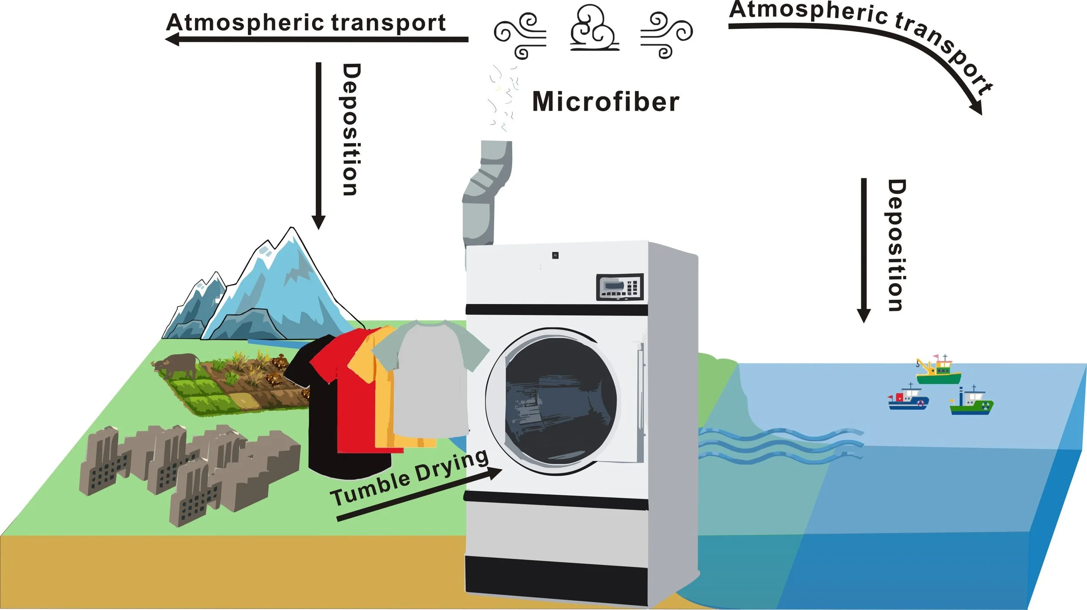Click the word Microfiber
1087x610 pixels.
tap(605, 102)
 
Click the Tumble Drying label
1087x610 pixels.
tap(409, 477)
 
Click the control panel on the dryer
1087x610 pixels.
tap(619, 287)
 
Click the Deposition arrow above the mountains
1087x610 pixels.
tap(318, 144)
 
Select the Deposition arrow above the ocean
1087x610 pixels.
tap(864, 248)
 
